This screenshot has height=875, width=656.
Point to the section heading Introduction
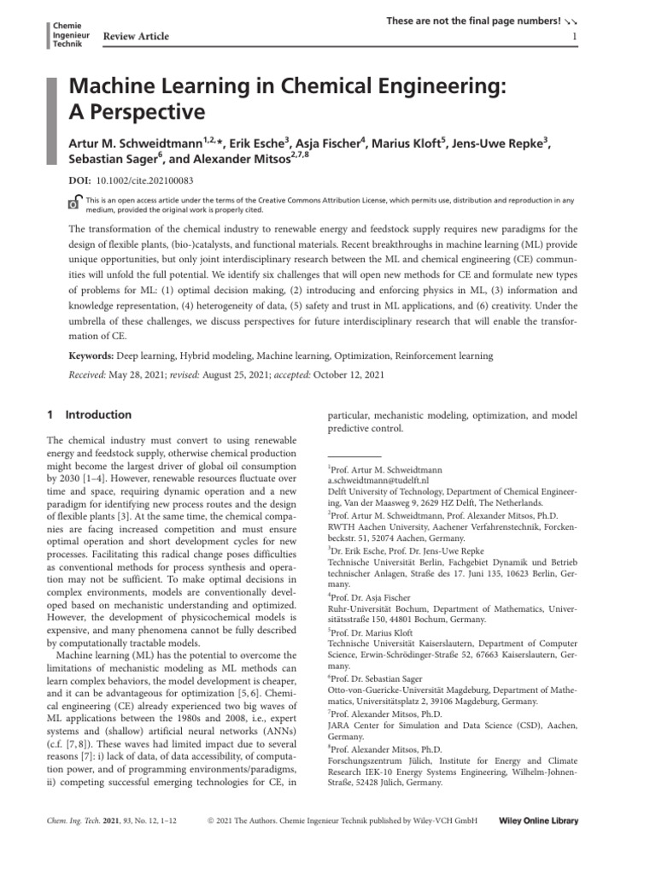pos(100,414)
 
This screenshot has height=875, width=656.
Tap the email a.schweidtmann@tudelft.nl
pos(378,481)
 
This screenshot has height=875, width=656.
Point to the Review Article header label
pos(136,36)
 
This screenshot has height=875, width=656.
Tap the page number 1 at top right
pos(575,37)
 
